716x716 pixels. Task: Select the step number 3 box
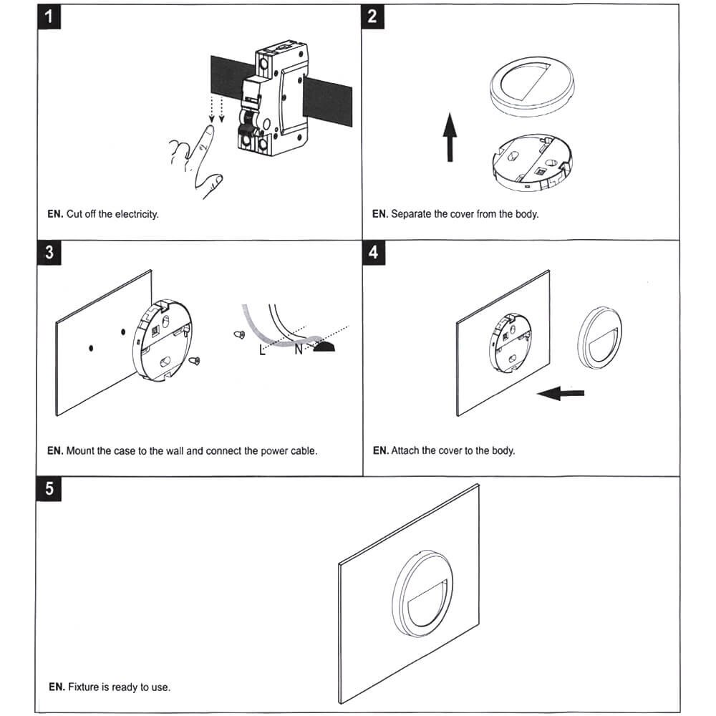tap(48, 253)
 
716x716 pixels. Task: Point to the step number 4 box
tap(373, 253)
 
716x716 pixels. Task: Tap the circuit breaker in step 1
tap(272, 100)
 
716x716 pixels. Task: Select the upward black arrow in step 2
tap(449, 136)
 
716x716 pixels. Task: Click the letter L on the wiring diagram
tap(263, 350)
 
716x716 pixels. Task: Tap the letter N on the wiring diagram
tap(299, 350)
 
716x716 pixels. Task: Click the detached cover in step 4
tap(600, 338)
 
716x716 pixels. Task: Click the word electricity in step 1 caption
tap(135, 214)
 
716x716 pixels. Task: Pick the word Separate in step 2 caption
tap(411, 214)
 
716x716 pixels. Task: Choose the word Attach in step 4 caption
tap(405, 451)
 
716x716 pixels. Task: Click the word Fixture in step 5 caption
tap(84, 687)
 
